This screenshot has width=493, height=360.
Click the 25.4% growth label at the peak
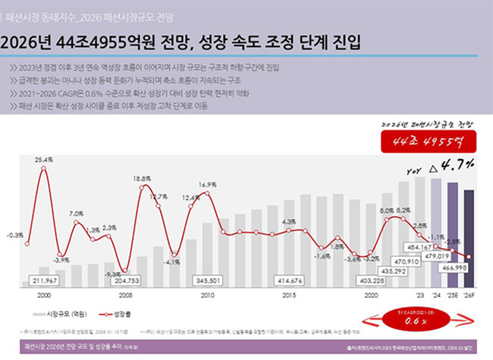[x=43, y=160]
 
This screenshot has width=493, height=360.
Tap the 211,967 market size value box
[x=46, y=280]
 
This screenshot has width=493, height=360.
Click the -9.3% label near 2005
[x=111, y=274]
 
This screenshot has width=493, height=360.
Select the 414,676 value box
[x=290, y=280]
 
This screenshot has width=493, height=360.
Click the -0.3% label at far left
[x=14, y=235]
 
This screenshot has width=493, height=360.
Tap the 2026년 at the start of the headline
[x=25, y=39]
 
